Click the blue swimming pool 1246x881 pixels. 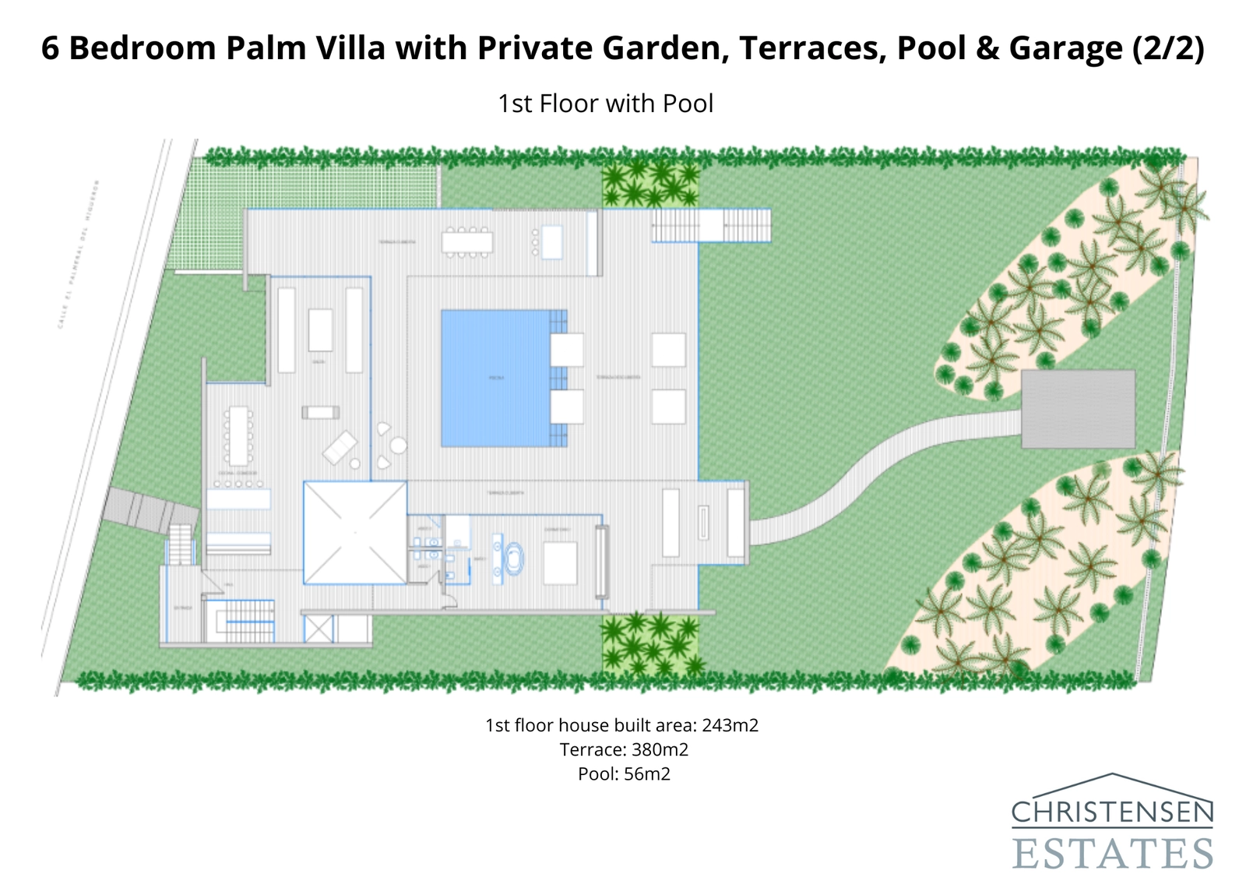[495, 378]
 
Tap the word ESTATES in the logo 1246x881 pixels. [1113, 854]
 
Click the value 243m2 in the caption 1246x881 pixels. [730, 725]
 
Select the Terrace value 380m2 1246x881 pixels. [660, 749]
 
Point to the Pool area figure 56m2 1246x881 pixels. [646, 774]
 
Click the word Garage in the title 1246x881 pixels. [1065, 48]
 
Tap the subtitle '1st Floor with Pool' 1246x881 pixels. [605, 104]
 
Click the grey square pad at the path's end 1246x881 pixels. [1078, 409]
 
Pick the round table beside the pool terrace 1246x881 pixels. [399, 446]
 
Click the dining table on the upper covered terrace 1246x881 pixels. [467, 242]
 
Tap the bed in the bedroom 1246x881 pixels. [560, 562]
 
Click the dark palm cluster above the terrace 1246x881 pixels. [650, 183]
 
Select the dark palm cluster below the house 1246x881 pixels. [650, 644]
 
